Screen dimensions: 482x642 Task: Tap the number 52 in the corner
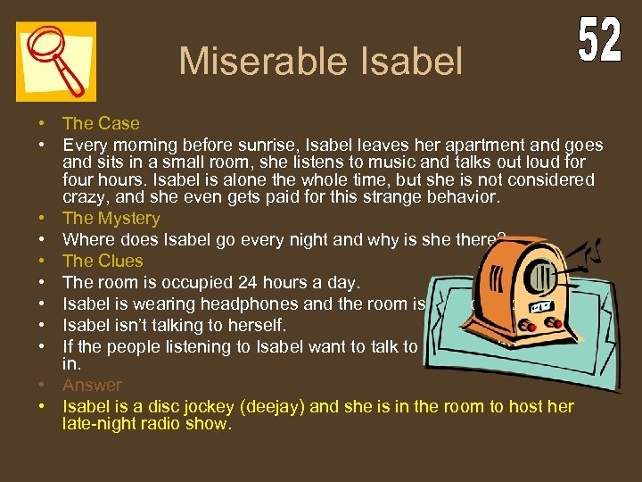click(599, 41)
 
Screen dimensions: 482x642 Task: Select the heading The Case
click(101, 123)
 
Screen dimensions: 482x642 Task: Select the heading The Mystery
click(111, 218)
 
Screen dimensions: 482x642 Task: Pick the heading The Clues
click(103, 261)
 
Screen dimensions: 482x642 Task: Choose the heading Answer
click(92, 385)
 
